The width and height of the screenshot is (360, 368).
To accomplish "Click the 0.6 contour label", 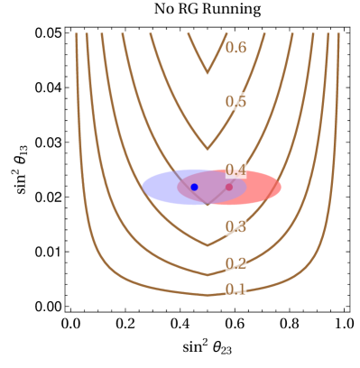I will [235, 47].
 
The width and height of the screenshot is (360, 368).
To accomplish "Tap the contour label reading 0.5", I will [235, 101].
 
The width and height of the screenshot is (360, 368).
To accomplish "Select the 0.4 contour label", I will [235, 170].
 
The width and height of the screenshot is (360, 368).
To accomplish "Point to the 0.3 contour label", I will [235, 226].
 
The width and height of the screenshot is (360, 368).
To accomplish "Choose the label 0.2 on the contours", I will [235, 263].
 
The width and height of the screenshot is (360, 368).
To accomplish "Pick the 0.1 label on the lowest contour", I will [235, 289].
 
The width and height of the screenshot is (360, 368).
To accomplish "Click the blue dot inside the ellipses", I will [194, 187].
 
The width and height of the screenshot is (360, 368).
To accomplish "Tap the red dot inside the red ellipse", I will [229, 187].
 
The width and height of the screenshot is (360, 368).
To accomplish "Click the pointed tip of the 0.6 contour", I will [208, 72].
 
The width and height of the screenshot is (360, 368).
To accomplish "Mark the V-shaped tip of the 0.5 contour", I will [208, 149].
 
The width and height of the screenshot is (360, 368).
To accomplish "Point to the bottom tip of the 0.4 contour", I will [208, 205].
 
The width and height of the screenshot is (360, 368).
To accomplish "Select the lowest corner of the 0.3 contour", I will [208, 244].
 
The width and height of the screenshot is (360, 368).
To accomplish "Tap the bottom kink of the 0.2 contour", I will [208, 274].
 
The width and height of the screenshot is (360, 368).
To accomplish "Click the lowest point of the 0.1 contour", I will [208, 294].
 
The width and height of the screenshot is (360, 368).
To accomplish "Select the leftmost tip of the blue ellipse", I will [143, 187].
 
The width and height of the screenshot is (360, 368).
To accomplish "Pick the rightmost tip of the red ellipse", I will [281, 187].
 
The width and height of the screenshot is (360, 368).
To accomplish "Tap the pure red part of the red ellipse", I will [262, 187].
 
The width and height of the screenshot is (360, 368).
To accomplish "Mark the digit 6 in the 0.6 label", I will [241, 47].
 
